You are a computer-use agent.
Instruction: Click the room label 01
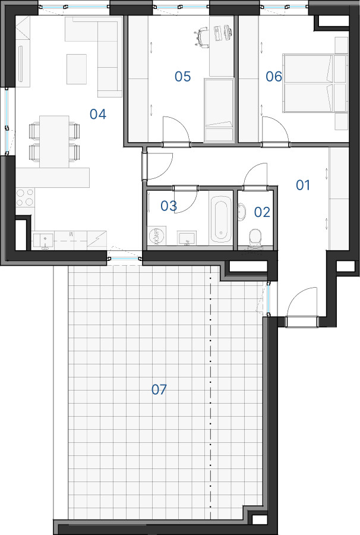[303, 185]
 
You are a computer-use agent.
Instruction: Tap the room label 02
[262, 212]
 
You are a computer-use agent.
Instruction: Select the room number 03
[169, 206]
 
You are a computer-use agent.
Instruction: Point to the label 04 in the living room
[98, 114]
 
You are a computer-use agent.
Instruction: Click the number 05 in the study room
[183, 77]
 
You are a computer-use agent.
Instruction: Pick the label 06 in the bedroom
[274, 77]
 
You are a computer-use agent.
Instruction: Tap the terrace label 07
[159, 389]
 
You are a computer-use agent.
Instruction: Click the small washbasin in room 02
[241, 212]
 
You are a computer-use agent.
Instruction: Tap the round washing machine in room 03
[157, 237]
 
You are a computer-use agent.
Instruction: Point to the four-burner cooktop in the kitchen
[25, 197]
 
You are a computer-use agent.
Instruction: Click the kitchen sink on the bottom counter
[43, 240]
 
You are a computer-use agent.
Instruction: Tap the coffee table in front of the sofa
[77, 69]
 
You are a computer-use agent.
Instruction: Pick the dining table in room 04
[54, 141]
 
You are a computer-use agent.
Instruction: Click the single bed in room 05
[219, 110]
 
